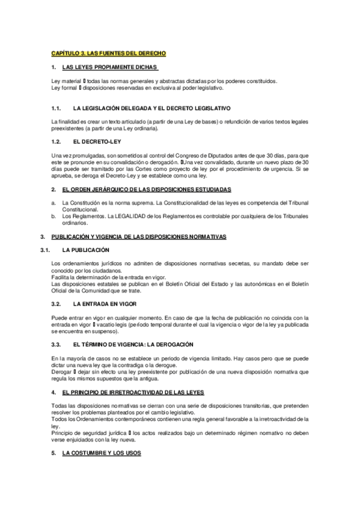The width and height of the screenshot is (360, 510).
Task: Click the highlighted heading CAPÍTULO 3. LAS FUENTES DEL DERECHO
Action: tap(108, 54)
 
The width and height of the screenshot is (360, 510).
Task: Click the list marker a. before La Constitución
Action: tap(53, 204)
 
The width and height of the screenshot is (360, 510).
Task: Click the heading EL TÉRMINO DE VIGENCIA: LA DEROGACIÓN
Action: tap(133, 344)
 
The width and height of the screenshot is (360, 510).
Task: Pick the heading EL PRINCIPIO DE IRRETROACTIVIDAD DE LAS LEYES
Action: tap(133, 392)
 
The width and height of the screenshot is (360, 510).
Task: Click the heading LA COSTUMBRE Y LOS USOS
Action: tap(102, 453)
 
